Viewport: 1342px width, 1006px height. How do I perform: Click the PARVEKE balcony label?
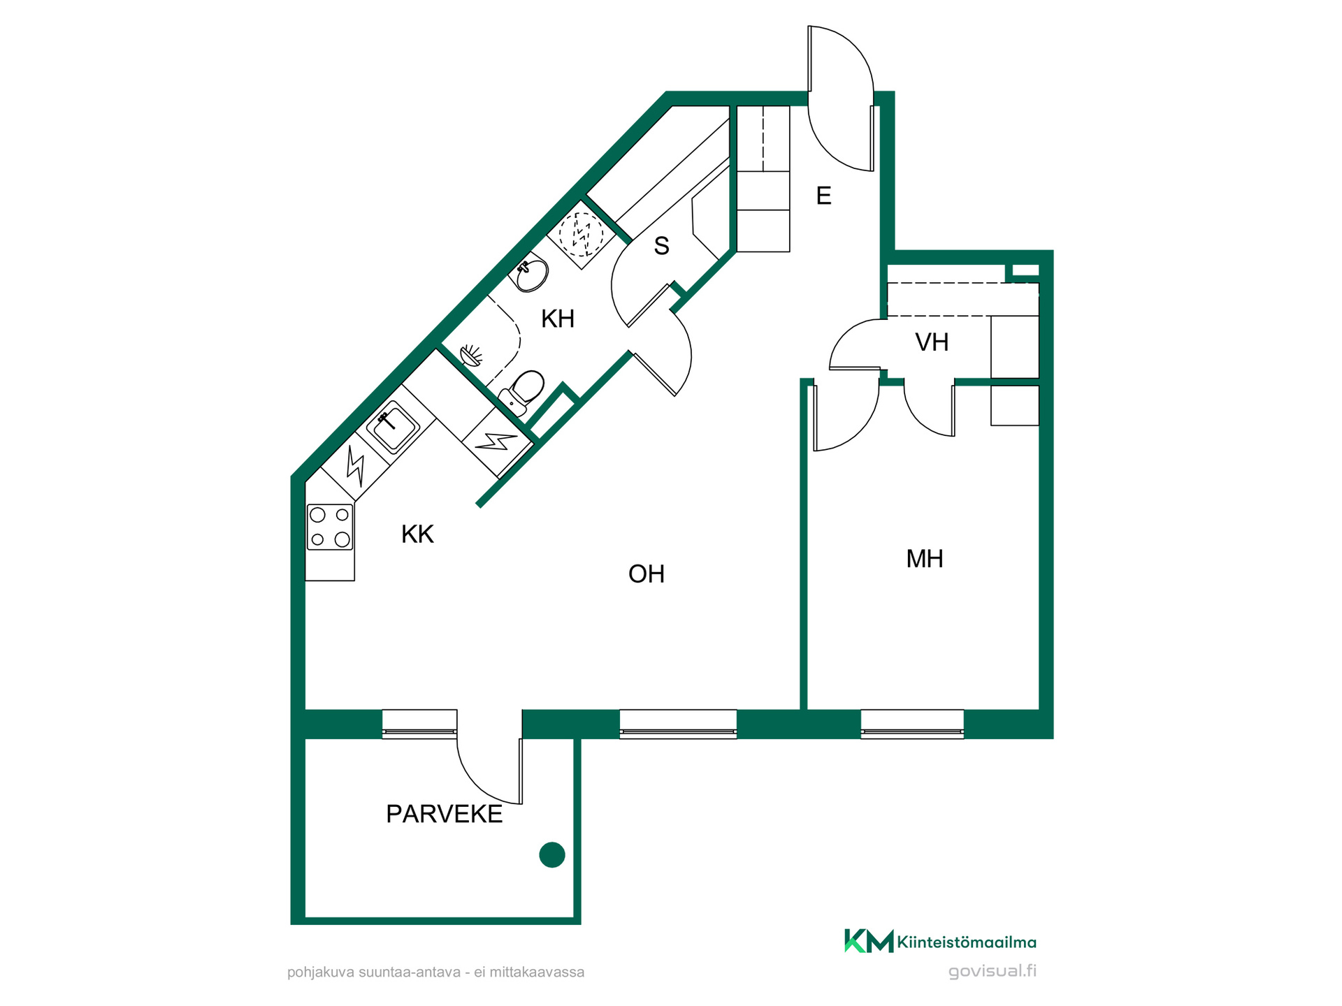click(x=444, y=814)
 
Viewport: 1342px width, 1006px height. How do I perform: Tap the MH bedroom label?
click(x=924, y=559)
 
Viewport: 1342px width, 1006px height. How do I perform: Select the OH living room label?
click(x=646, y=574)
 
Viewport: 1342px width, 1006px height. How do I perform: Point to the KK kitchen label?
click(x=417, y=534)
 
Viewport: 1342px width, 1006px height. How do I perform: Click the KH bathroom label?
click(x=558, y=319)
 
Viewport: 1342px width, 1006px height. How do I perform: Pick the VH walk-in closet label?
click(x=932, y=342)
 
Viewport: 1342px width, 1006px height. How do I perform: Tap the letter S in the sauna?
click(x=661, y=246)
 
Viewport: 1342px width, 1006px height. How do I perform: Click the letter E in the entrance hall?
click(x=824, y=196)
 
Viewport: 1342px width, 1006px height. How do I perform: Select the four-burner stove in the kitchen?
click(x=330, y=527)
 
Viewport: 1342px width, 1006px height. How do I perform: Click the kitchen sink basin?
click(x=393, y=425)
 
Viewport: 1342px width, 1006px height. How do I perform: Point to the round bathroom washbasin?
click(x=531, y=275)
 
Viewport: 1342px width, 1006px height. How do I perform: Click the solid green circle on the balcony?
click(x=552, y=855)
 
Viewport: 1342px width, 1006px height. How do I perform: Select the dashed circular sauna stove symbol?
click(x=581, y=235)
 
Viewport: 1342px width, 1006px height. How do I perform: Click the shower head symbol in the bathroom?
click(x=472, y=355)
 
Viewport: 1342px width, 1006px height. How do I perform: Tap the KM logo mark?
click(x=869, y=941)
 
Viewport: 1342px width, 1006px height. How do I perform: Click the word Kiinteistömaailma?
click(x=967, y=942)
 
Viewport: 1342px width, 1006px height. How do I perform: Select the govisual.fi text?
click(x=993, y=971)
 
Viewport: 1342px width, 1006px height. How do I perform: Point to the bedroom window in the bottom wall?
click(x=912, y=724)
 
